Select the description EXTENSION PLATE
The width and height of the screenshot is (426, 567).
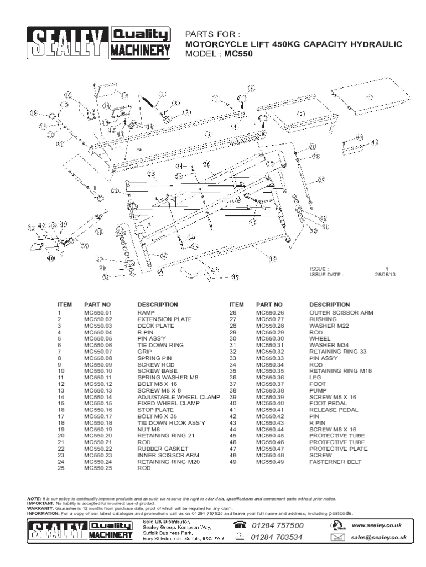[164, 319]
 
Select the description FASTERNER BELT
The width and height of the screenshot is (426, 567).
[334, 461]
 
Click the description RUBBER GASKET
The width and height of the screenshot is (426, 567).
[159, 448]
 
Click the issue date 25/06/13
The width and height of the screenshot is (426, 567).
[385, 274]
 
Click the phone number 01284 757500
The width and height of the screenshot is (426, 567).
[277, 525]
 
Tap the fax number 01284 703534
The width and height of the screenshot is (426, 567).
[277, 537]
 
